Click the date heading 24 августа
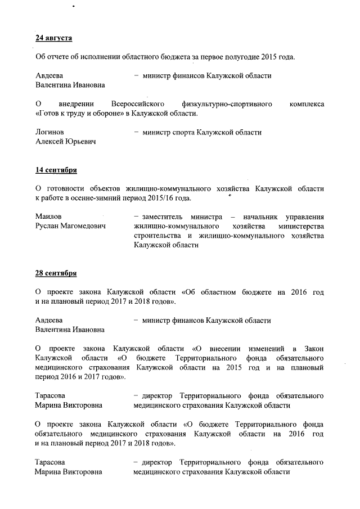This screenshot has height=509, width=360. click(53, 38)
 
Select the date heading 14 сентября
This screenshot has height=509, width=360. click(56, 170)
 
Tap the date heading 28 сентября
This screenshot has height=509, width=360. click(56, 273)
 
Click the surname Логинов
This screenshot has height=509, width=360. click(49, 132)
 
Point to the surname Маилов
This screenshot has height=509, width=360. click(48, 217)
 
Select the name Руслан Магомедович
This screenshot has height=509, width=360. click(71, 226)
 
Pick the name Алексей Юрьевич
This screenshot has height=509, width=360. click(65, 142)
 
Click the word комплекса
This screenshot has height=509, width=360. click(306, 104)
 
